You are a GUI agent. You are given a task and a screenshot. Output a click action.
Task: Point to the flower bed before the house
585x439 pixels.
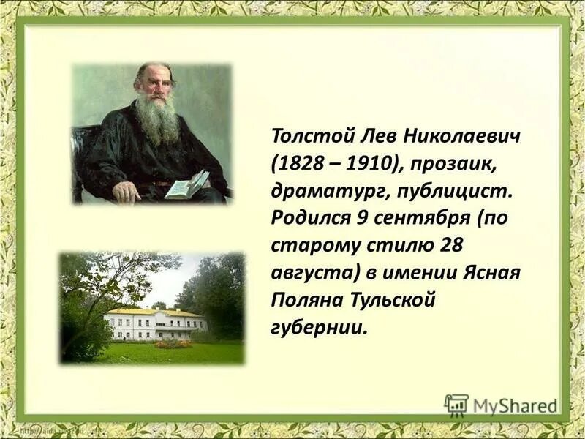tap(173, 343)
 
